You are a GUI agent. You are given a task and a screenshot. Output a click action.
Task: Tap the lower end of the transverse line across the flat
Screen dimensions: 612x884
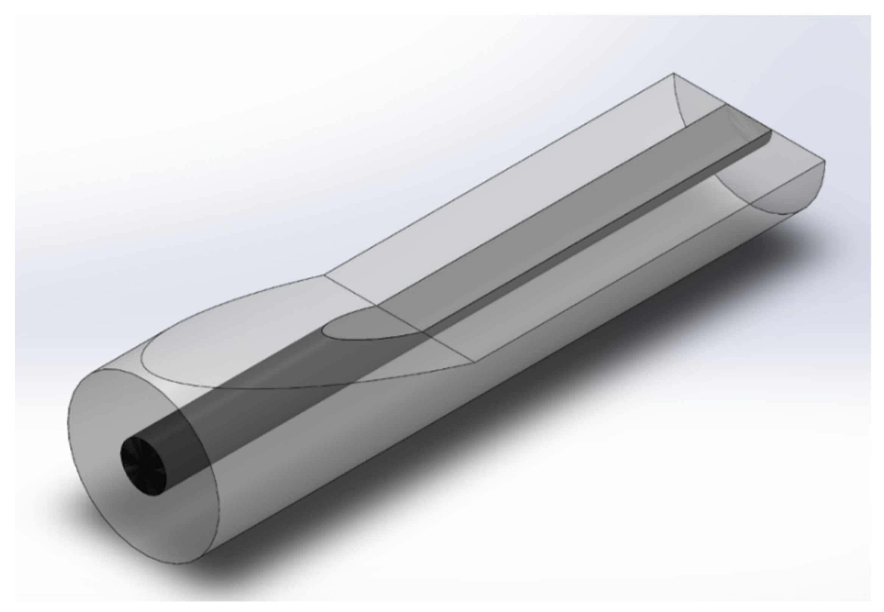point(478,361)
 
